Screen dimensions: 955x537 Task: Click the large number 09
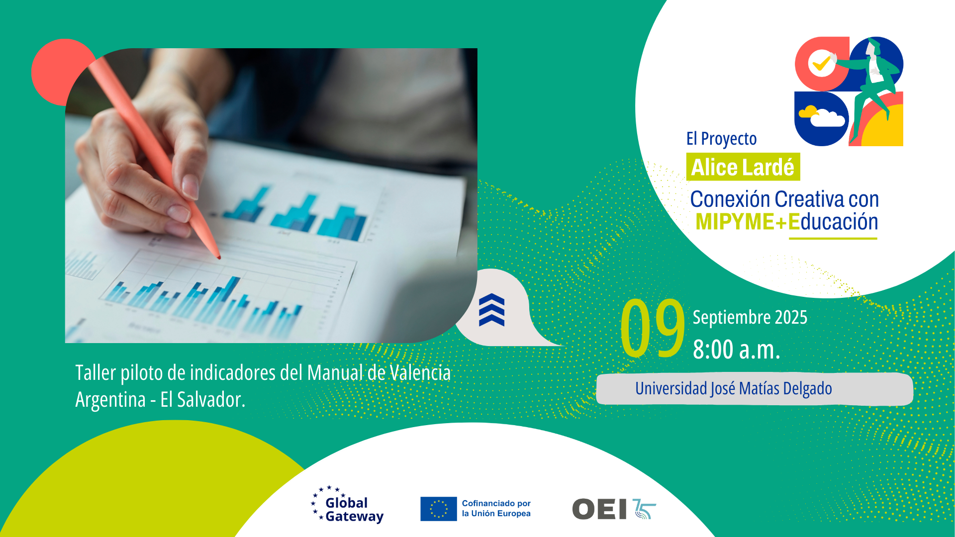[653, 328]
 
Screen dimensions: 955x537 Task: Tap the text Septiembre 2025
[750, 317]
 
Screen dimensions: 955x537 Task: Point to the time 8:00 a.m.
[736, 349]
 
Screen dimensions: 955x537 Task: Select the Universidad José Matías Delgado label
[733, 388]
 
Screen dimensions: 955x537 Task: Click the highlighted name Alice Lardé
[743, 167]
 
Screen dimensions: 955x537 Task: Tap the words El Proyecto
[721, 139]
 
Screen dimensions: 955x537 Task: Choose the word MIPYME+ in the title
[742, 222]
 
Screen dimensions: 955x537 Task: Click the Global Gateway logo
[347, 505]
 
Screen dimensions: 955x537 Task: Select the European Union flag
[438, 509]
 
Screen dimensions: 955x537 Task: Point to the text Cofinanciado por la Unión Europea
[496, 509]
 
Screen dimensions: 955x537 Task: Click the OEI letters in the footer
[599, 509]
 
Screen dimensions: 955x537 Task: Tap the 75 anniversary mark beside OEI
[644, 509]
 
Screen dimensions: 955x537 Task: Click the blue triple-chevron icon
[491, 310]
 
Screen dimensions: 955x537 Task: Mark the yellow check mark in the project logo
[821, 63]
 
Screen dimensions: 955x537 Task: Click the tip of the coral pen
[219, 258]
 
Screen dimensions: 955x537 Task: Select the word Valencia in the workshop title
[420, 373]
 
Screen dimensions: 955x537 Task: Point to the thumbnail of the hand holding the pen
[271, 195]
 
